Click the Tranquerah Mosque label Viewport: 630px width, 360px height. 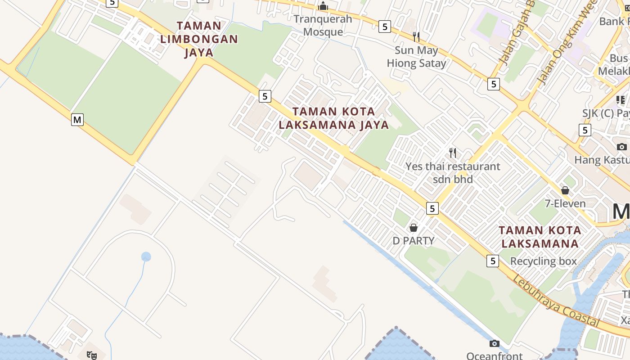tap(323, 25)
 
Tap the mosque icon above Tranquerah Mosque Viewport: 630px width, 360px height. tap(323, 6)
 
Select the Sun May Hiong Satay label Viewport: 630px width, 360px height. tap(416, 57)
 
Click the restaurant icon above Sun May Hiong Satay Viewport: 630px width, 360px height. tap(416, 36)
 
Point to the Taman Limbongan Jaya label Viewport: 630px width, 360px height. tap(199, 39)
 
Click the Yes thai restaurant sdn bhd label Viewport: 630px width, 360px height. tap(453, 172)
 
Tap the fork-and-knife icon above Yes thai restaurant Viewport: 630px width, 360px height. tap(453, 153)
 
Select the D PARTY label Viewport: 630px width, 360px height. tap(414, 241)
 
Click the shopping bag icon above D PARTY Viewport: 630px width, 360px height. tap(414, 228)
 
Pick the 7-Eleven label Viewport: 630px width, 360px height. tap(565, 203)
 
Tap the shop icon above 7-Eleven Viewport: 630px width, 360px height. tap(565, 190)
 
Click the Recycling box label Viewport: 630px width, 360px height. tap(543, 261)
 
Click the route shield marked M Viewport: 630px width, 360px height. tap(77, 120)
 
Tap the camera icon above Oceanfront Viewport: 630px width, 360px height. tap(494, 344)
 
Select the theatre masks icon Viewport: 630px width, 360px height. tap(92, 355)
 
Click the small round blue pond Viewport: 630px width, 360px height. tap(146, 257)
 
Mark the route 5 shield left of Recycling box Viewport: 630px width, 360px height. tap(493, 261)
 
